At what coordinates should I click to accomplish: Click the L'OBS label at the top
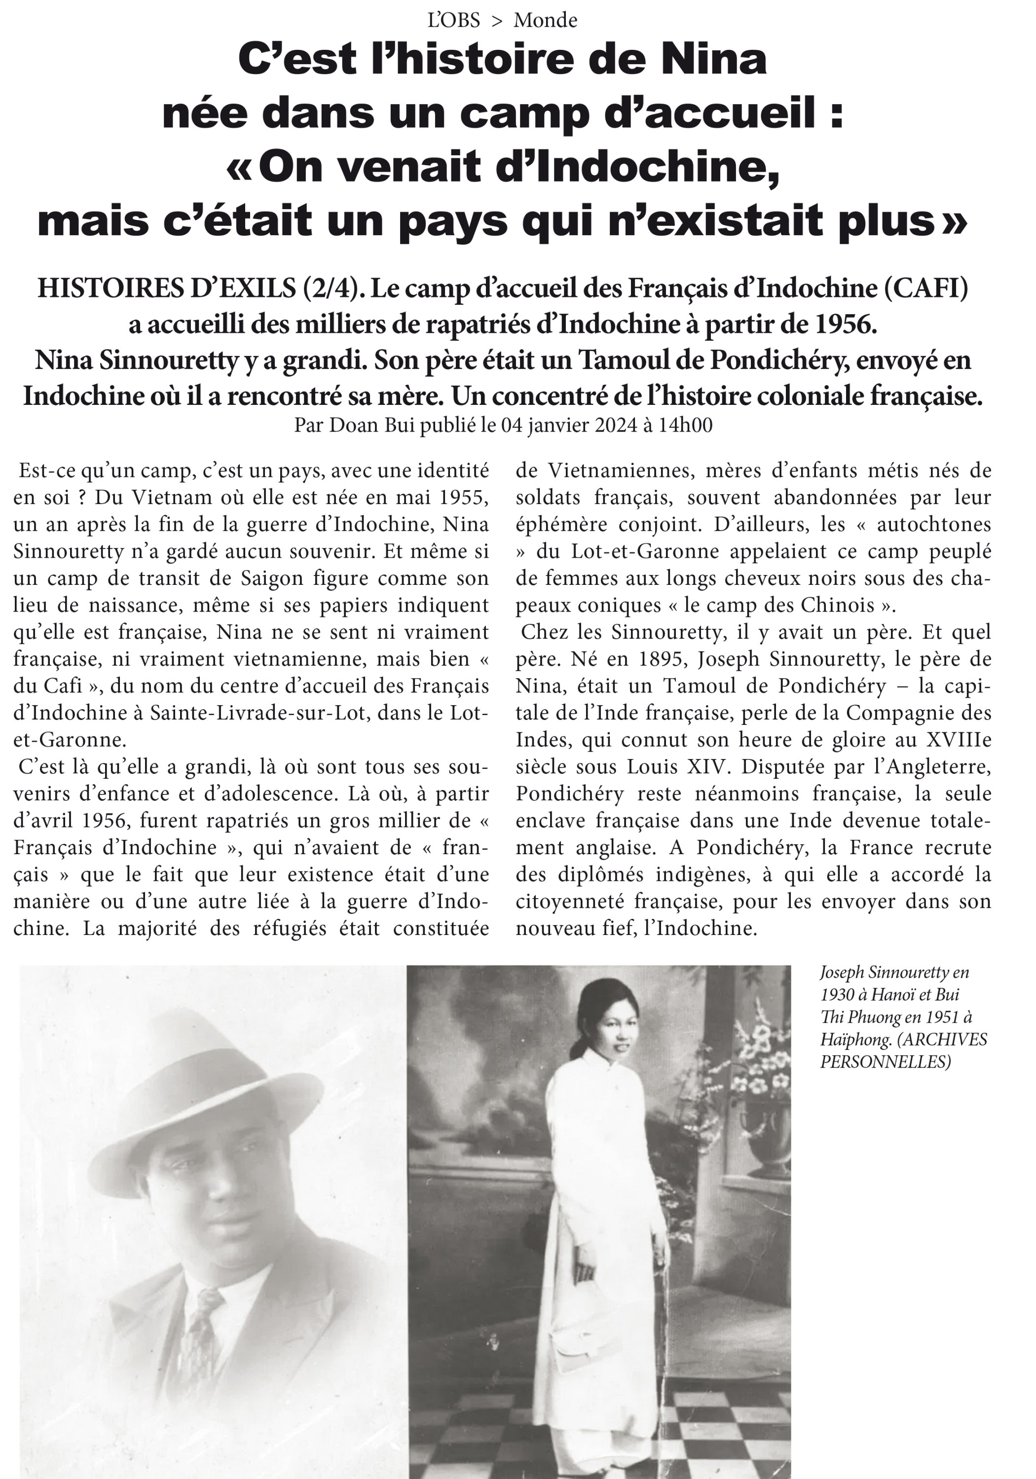coord(453,21)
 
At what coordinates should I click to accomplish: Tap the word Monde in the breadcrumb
coord(545,21)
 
